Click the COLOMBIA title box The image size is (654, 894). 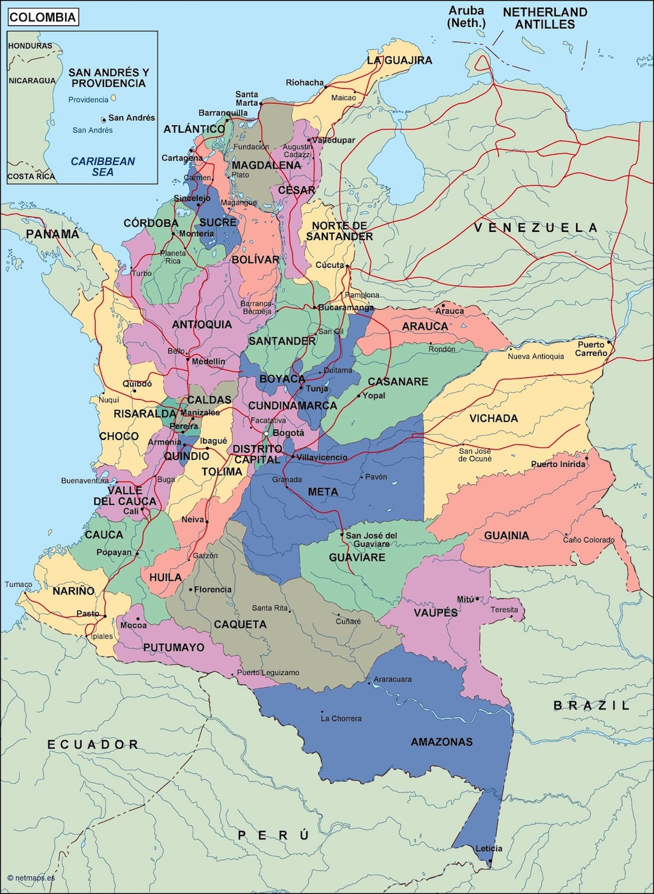click(x=43, y=17)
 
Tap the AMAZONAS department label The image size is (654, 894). click(x=442, y=741)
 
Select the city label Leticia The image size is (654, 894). click(x=489, y=849)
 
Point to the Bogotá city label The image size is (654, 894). click(x=288, y=433)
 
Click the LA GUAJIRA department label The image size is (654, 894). click(x=399, y=60)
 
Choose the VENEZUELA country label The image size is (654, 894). click(x=536, y=227)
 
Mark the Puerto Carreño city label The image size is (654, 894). click(x=591, y=349)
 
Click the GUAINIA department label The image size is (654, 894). click(x=506, y=535)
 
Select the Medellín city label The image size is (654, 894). click(x=209, y=361)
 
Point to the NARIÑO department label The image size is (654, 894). click(x=73, y=591)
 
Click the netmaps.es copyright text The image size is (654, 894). click(x=32, y=877)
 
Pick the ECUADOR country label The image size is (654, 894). click(x=93, y=744)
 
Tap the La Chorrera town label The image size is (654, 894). click(x=341, y=718)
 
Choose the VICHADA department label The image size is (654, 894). click(x=493, y=418)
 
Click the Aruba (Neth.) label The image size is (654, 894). click(x=466, y=17)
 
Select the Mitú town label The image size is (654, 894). click(x=465, y=599)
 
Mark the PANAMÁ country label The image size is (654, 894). click(x=53, y=234)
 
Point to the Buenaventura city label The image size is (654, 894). click(x=85, y=480)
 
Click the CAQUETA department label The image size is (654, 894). click(x=240, y=624)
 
